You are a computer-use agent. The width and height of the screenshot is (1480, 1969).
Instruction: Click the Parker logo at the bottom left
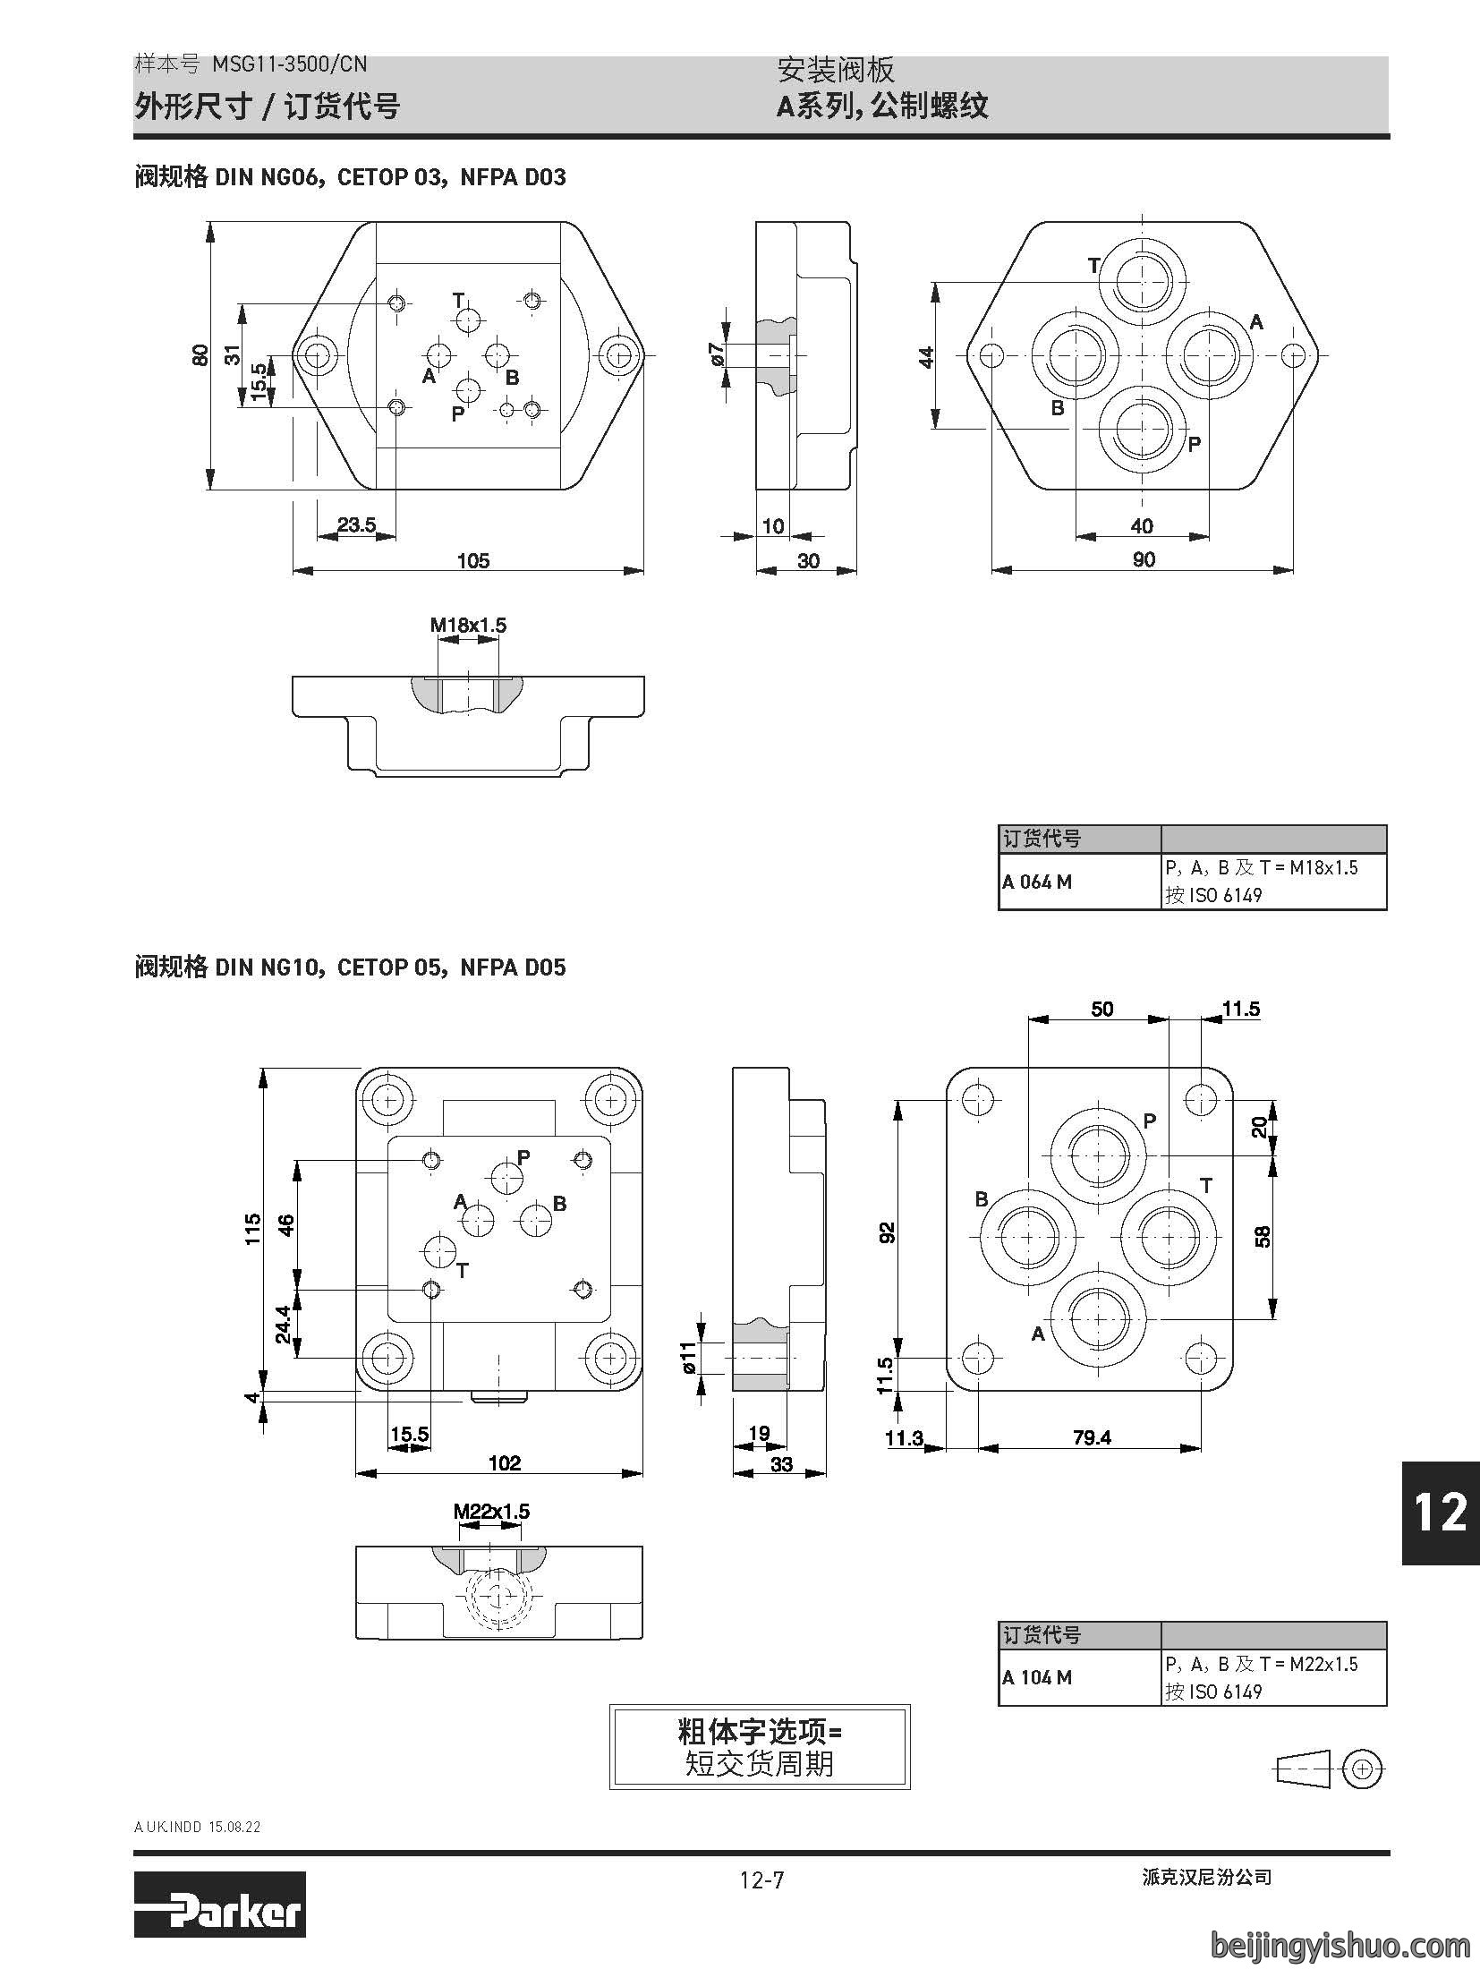pyautogui.click(x=219, y=1916)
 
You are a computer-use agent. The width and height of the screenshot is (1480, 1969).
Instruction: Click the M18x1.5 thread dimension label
pyautogui.click(x=468, y=625)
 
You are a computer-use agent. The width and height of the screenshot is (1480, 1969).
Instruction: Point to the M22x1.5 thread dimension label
pyautogui.click(x=491, y=1512)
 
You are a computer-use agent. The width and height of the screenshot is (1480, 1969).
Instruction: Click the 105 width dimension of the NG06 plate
pyautogui.click(x=473, y=560)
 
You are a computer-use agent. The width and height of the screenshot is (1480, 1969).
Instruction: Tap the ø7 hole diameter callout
pyautogui.click(x=715, y=354)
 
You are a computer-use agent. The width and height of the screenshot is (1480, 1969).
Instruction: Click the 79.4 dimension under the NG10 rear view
pyautogui.click(x=1092, y=1436)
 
